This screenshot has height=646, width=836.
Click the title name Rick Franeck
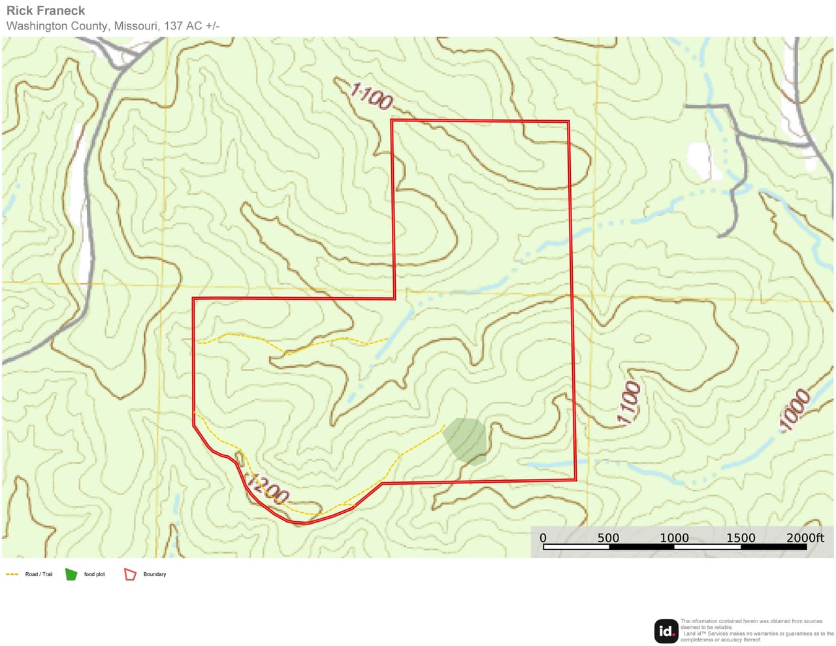46,10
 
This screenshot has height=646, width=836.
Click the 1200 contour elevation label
267,488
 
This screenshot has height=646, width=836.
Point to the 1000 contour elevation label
795,410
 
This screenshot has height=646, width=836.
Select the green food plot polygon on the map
466,440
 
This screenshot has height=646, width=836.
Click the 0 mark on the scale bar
543,538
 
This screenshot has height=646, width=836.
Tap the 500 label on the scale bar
608,538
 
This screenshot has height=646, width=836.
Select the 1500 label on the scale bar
741,538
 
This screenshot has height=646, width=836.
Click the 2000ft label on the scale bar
805,538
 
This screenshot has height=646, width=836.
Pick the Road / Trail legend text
39,574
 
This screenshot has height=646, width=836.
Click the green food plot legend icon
71,574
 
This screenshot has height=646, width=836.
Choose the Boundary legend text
155,574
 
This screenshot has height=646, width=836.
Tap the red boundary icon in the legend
130,574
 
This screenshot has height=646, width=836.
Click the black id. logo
666,631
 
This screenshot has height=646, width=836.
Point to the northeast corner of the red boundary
568,121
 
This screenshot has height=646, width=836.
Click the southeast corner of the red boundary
575,480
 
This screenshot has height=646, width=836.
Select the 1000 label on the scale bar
674,538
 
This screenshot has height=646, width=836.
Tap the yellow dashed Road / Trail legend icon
12,574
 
